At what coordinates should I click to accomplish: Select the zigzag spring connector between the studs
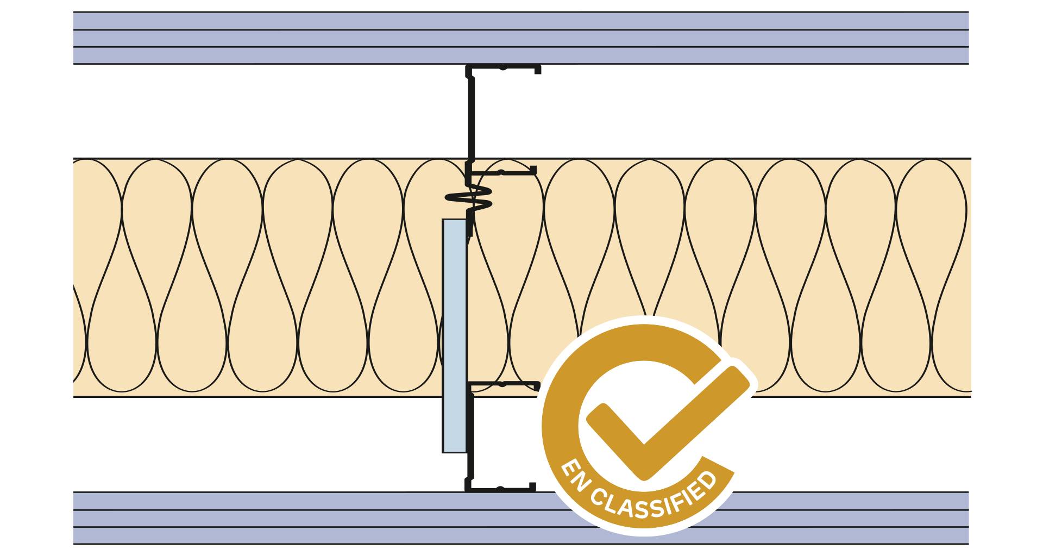tap(469, 198)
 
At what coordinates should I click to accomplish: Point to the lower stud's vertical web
tap(470, 440)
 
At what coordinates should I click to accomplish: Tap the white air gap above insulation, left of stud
tap(272, 111)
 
